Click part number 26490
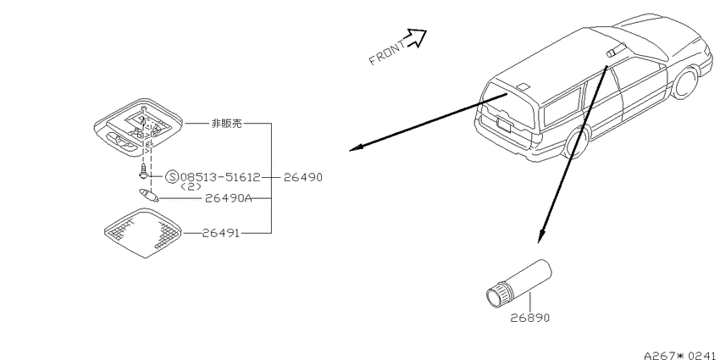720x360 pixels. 303,177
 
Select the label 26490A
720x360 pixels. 228,198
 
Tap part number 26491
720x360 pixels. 221,233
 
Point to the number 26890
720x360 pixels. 530,318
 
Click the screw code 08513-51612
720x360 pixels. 220,177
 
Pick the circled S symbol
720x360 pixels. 172,177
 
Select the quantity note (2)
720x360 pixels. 191,187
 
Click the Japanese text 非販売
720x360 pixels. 226,124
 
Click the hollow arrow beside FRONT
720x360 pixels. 417,37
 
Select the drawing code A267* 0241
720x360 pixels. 681,356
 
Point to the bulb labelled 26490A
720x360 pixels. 149,195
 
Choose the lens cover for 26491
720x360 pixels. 143,233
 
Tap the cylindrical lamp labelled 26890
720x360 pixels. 519,283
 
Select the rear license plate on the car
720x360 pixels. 504,123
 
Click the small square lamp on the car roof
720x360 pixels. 523,86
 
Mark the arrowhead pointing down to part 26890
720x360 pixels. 542,236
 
